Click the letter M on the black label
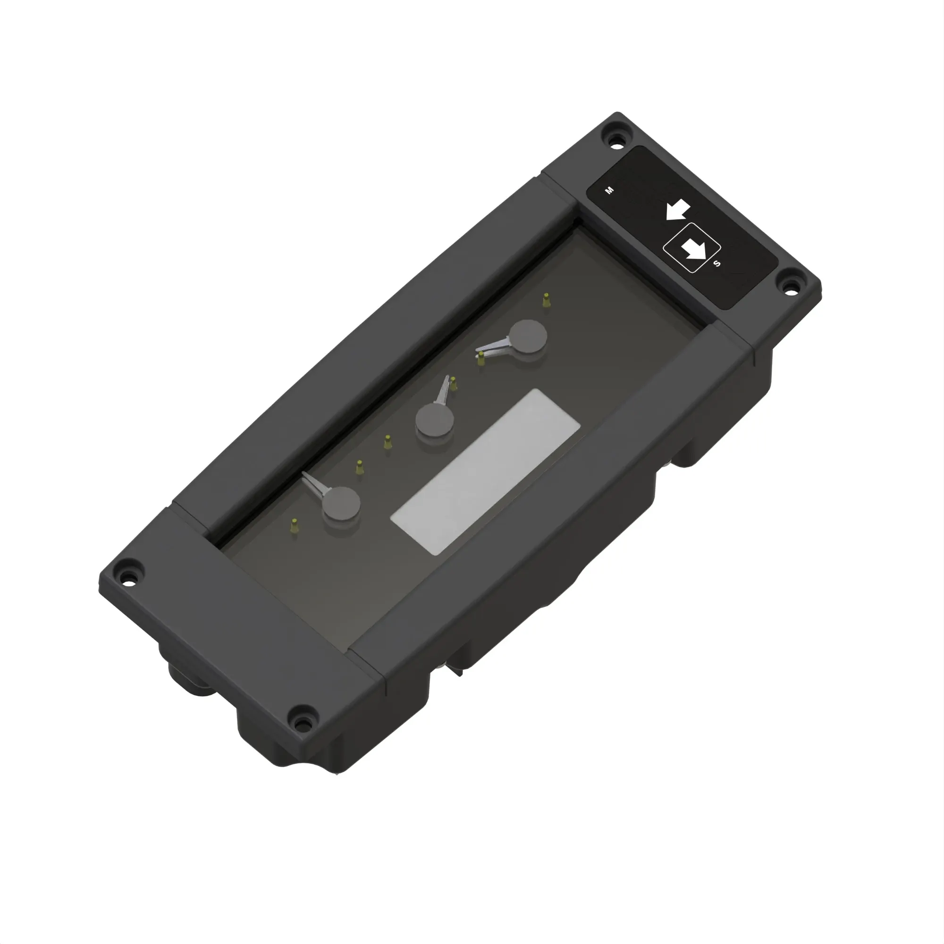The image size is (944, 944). click(609, 191)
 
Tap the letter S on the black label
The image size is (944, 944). click(717, 264)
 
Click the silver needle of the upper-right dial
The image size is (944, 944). click(494, 349)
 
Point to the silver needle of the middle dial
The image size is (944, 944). click(443, 390)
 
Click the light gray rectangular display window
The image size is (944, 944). click(486, 472)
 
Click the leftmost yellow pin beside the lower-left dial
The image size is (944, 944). click(294, 526)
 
